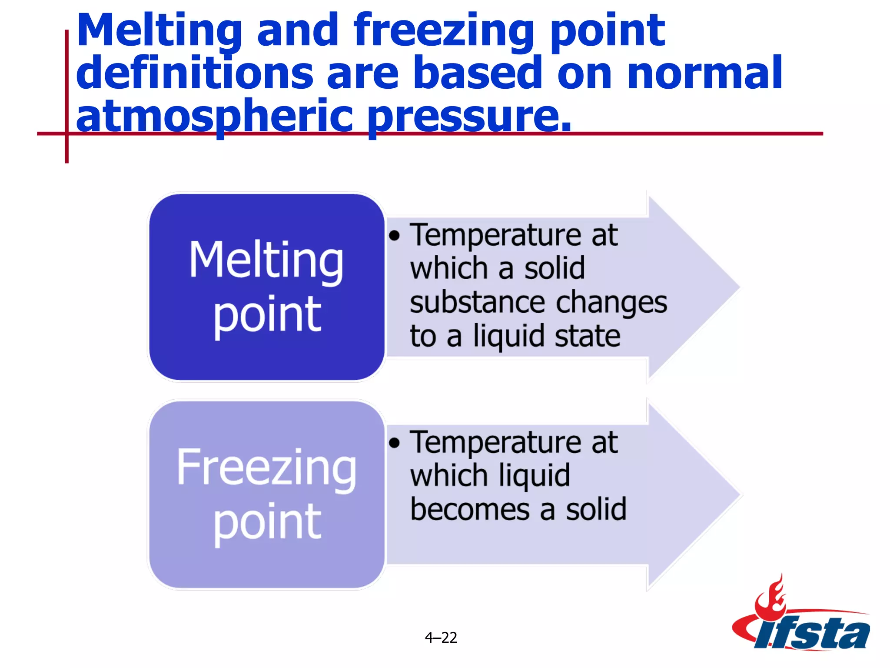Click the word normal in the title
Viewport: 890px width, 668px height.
pos(704,73)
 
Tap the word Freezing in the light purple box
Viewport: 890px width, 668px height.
pos(266,467)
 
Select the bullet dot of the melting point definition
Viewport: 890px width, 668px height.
pos(394,236)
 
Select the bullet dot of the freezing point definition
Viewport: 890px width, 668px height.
pos(394,443)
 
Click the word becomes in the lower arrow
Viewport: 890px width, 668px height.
pos(470,509)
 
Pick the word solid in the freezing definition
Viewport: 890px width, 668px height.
pos(596,509)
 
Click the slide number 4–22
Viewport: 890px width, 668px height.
pos(441,638)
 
